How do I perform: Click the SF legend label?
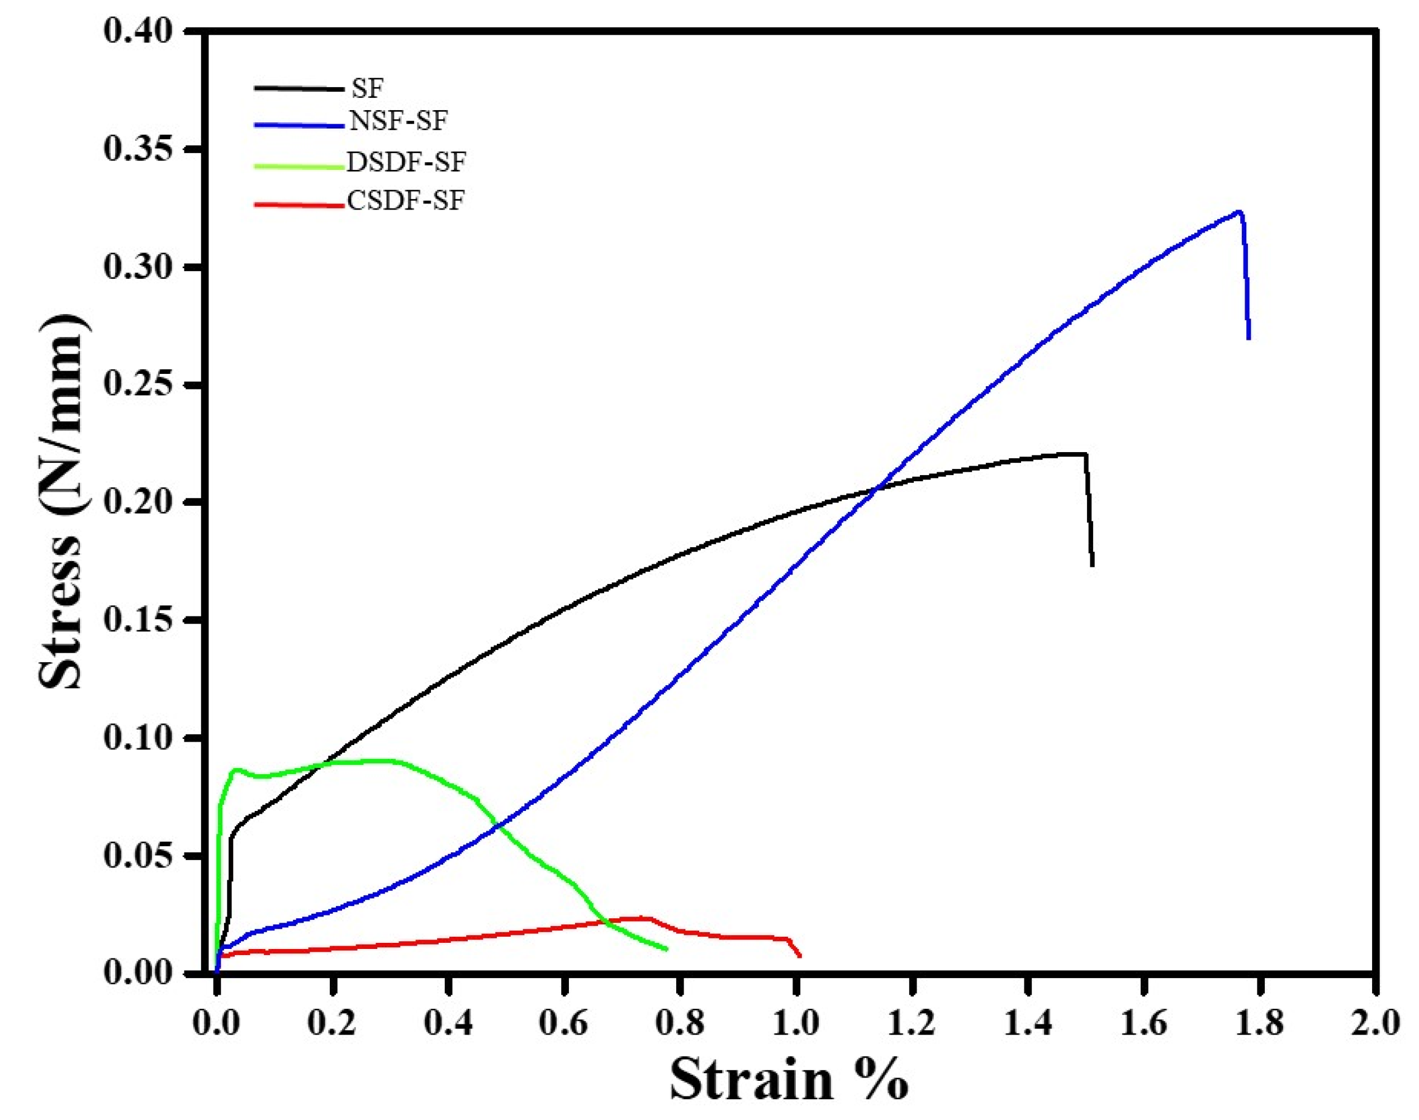tap(367, 88)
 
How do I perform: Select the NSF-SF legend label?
tap(398, 121)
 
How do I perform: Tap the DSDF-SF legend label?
tap(406, 162)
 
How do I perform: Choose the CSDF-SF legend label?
tap(405, 201)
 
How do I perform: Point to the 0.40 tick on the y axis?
tap(137, 31)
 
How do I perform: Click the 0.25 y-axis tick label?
tap(137, 385)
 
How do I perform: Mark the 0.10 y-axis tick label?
tap(137, 738)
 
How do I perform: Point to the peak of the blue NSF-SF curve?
tap(1238, 212)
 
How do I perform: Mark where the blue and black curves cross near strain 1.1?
tap(877, 488)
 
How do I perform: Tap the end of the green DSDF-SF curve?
tap(666, 949)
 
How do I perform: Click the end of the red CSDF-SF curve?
tap(800, 956)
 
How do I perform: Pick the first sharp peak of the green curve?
tap(235, 769)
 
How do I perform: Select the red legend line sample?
tap(298, 205)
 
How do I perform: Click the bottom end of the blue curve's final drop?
tap(1249, 338)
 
